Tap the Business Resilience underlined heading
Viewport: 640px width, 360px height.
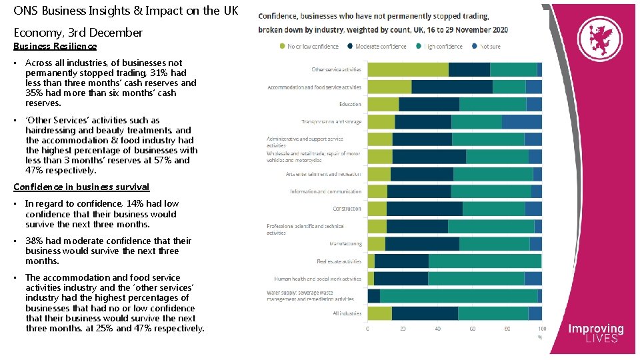tap(55, 46)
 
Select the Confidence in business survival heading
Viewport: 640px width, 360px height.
tap(81, 187)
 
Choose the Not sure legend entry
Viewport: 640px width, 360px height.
tap(489, 46)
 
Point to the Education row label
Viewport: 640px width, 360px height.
tap(350, 104)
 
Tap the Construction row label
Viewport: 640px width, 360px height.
tap(347, 209)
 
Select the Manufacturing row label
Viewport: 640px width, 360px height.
tap(345, 244)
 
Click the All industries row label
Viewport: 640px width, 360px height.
tap(347, 313)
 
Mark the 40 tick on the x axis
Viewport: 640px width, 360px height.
tap(437, 329)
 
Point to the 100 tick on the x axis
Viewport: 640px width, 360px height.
tap(541, 329)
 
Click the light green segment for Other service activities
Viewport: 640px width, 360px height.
tap(408, 69)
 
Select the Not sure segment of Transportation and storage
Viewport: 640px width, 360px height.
tap(521, 121)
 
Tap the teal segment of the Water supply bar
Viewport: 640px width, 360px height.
tap(459, 296)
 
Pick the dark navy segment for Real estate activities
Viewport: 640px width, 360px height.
tap(401, 261)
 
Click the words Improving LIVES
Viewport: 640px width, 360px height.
tap(595, 333)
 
